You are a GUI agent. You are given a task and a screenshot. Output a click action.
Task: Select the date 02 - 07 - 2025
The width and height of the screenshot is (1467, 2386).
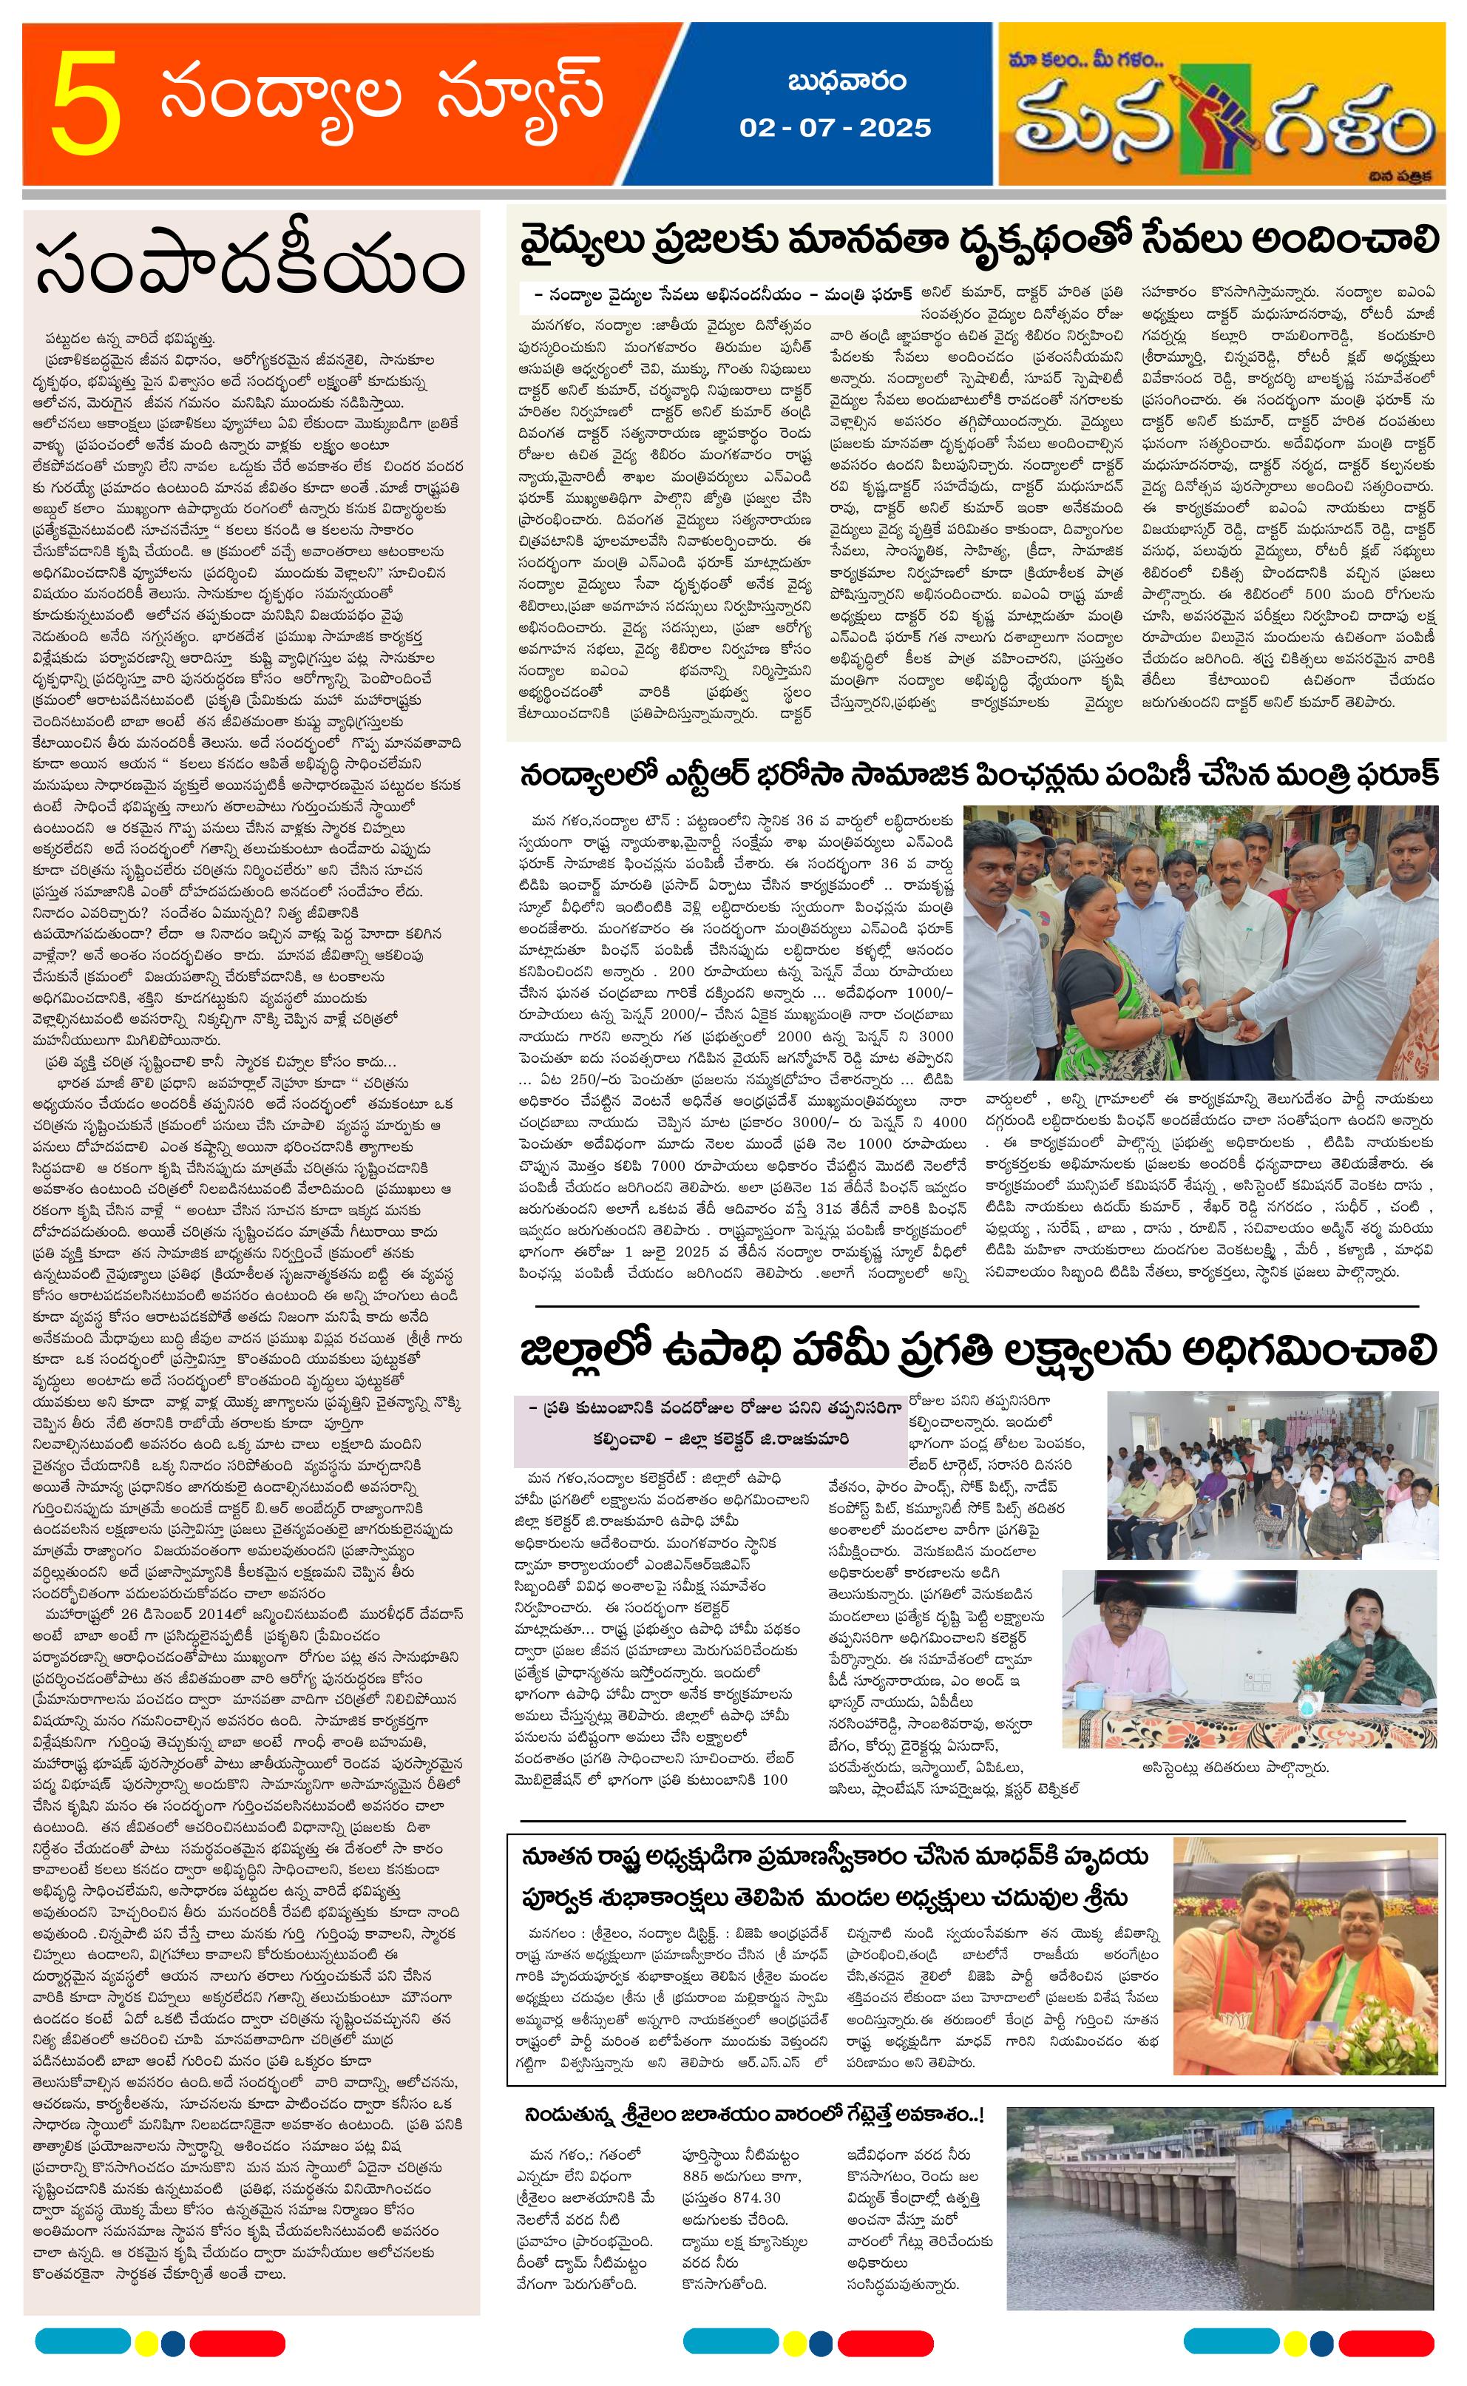point(834,128)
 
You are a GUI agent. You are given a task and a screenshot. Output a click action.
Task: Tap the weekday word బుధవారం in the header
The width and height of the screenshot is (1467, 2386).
point(833,81)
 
